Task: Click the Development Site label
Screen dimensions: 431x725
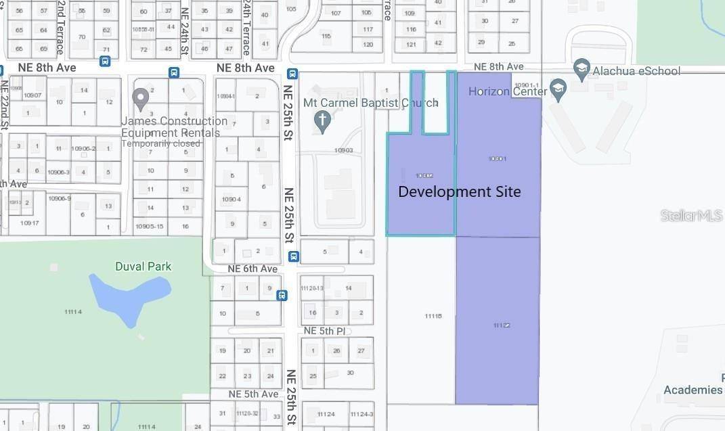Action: point(460,191)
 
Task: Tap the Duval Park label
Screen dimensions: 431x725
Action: point(143,266)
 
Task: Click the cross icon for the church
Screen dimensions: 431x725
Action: point(323,122)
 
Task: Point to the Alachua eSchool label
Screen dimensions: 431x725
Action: point(636,70)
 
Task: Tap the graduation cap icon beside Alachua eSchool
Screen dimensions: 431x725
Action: point(581,68)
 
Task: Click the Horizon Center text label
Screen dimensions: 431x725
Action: point(507,91)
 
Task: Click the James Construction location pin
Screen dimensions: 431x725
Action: point(141,100)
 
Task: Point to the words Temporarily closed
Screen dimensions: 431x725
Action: point(161,143)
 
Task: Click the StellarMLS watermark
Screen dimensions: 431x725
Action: point(691,215)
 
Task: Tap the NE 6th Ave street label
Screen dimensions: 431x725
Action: point(252,269)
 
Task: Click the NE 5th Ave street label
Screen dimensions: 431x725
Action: point(253,394)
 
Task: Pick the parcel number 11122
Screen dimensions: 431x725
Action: point(502,325)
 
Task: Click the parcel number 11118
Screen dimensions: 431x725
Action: point(433,316)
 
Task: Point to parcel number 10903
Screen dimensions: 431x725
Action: point(343,150)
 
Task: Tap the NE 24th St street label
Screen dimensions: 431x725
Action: point(184,28)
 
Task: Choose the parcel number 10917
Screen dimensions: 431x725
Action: point(29,223)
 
